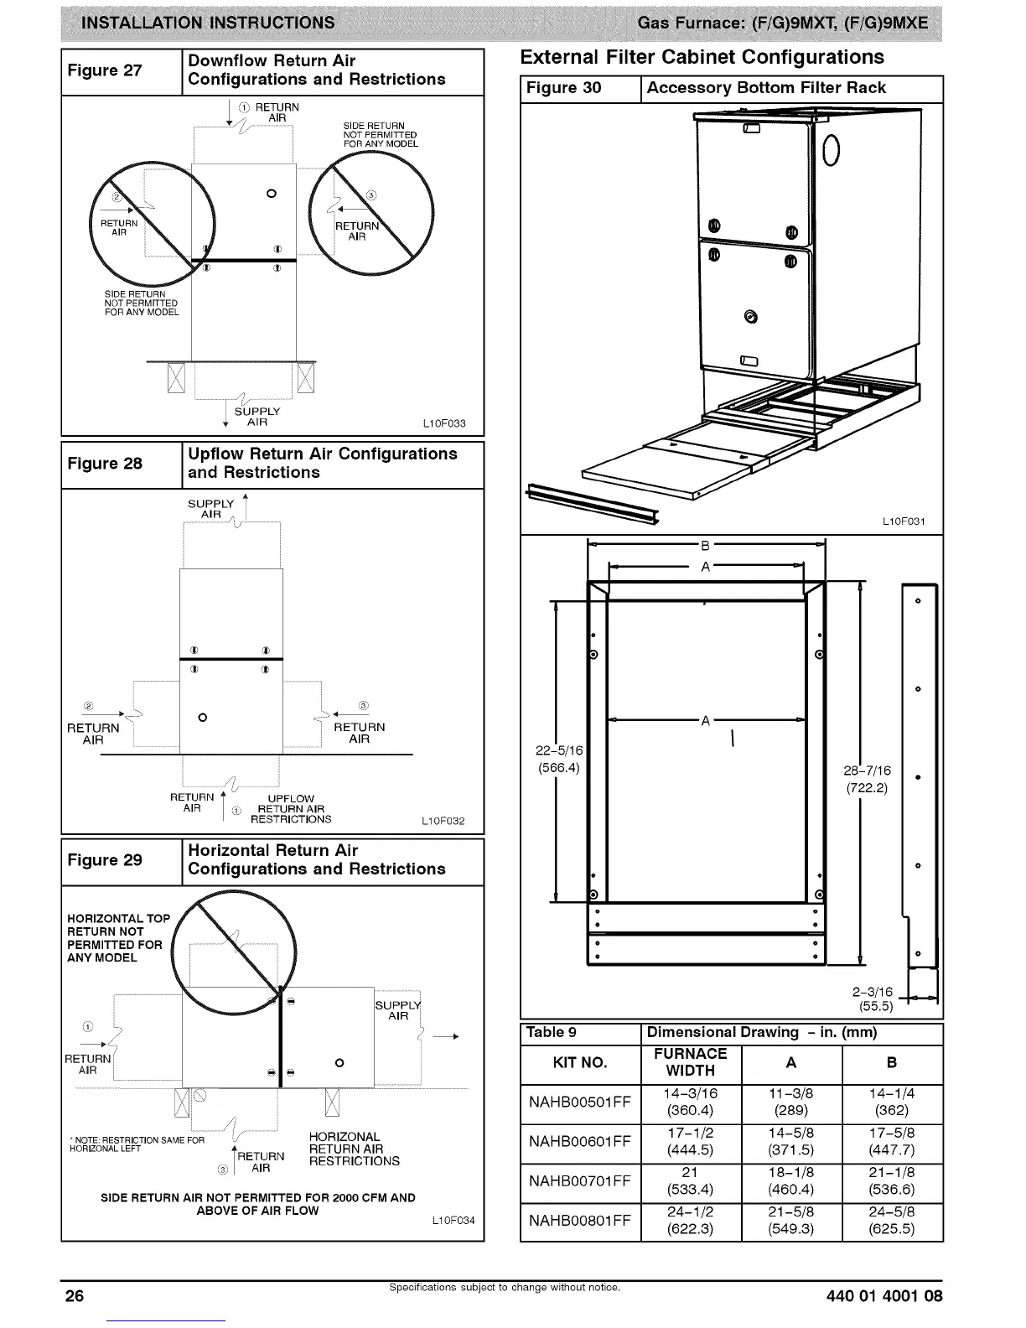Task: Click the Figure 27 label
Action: (x=105, y=70)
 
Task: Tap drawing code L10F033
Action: (x=444, y=423)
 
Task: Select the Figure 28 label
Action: (x=105, y=464)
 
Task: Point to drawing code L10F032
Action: (x=443, y=821)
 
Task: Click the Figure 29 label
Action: (x=105, y=860)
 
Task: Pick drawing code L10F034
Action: (x=453, y=1220)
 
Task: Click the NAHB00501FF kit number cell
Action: (x=580, y=1102)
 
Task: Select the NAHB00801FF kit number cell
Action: (x=580, y=1221)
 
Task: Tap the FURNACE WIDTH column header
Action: (x=690, y=1062)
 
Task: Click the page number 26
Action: (x=75, y=1296)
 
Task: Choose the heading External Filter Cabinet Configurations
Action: (x=702, y=57)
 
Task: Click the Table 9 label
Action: (x=551, y=1032)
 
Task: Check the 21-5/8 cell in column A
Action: (x=790, y=1211)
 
